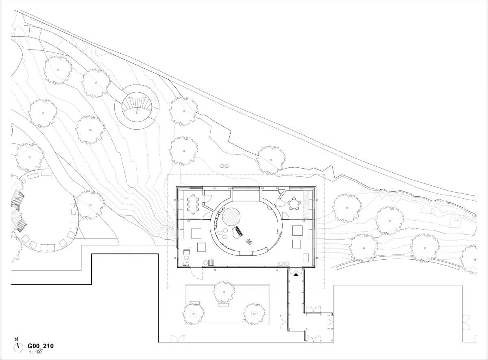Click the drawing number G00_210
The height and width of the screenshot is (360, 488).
click(x=41, y=346)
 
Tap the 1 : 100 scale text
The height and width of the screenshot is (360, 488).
click(x=35, y=352)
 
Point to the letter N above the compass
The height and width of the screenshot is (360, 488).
click(x=16, y=339)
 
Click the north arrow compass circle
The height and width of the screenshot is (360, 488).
click(x=18, y=347)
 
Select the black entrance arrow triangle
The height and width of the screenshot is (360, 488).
click(x=296, y=274)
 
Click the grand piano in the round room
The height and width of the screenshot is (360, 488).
click(x=237, y=232)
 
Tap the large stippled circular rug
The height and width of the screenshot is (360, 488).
click(x=231, y=217)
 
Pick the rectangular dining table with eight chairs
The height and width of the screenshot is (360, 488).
click(x=193, y=204)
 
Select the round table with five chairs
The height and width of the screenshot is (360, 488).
click(x=294, y=204)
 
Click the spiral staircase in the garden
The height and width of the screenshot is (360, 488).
click(x=137, y=107)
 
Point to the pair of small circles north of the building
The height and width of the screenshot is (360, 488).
click(x=224, y=166)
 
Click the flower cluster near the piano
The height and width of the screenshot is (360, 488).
click(x=249, y=242)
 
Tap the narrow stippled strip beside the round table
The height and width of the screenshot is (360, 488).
click(x=306, y=205)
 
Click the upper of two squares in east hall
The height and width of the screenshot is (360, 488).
click(x=297, y=230)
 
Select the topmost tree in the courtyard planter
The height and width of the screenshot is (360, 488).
click(x=224, y=292)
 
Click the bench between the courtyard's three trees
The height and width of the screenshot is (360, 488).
click(x=223, y=305)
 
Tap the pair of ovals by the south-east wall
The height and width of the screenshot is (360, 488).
click(x=283, y=263)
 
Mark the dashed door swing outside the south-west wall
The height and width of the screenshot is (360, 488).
click(x=196, y=273)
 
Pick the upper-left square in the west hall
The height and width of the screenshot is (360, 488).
click(x=196, y=234)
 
